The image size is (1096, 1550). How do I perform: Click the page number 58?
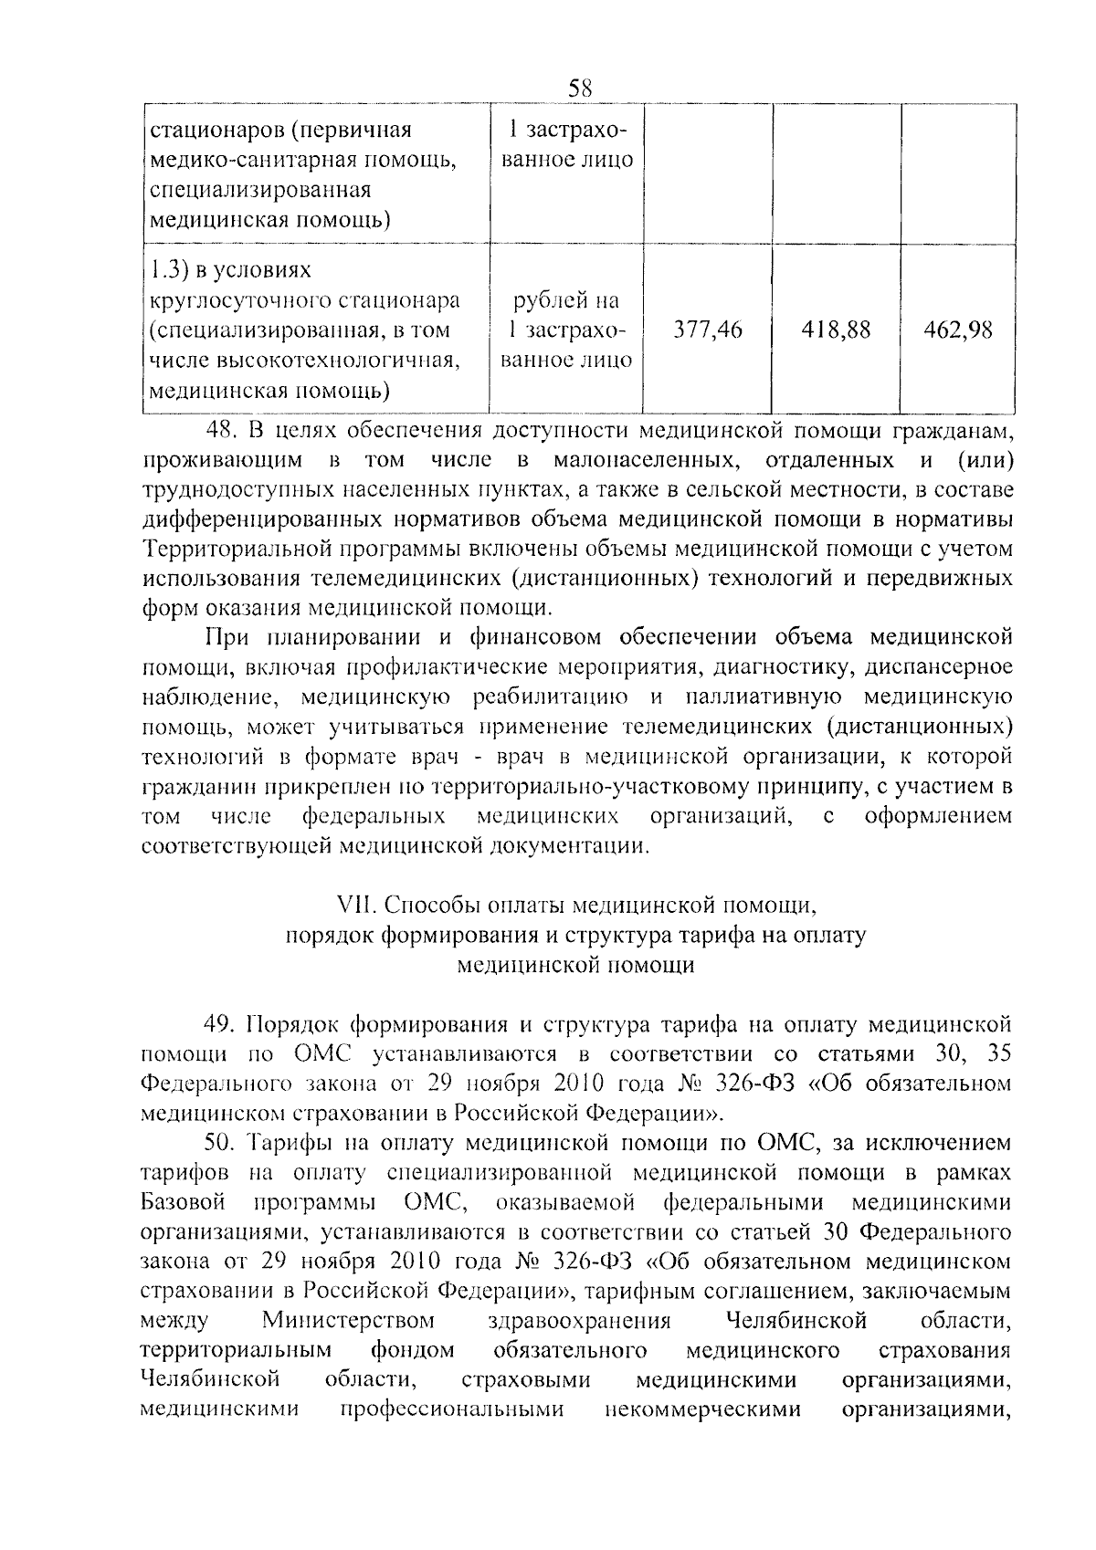[580, 89]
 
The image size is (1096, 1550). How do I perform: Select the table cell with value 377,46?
[708, 330]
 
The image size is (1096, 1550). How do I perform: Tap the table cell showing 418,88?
[836, 330]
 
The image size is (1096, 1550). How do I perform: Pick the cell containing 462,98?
[957, 330]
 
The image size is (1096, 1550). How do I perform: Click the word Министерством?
[348, 1321]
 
